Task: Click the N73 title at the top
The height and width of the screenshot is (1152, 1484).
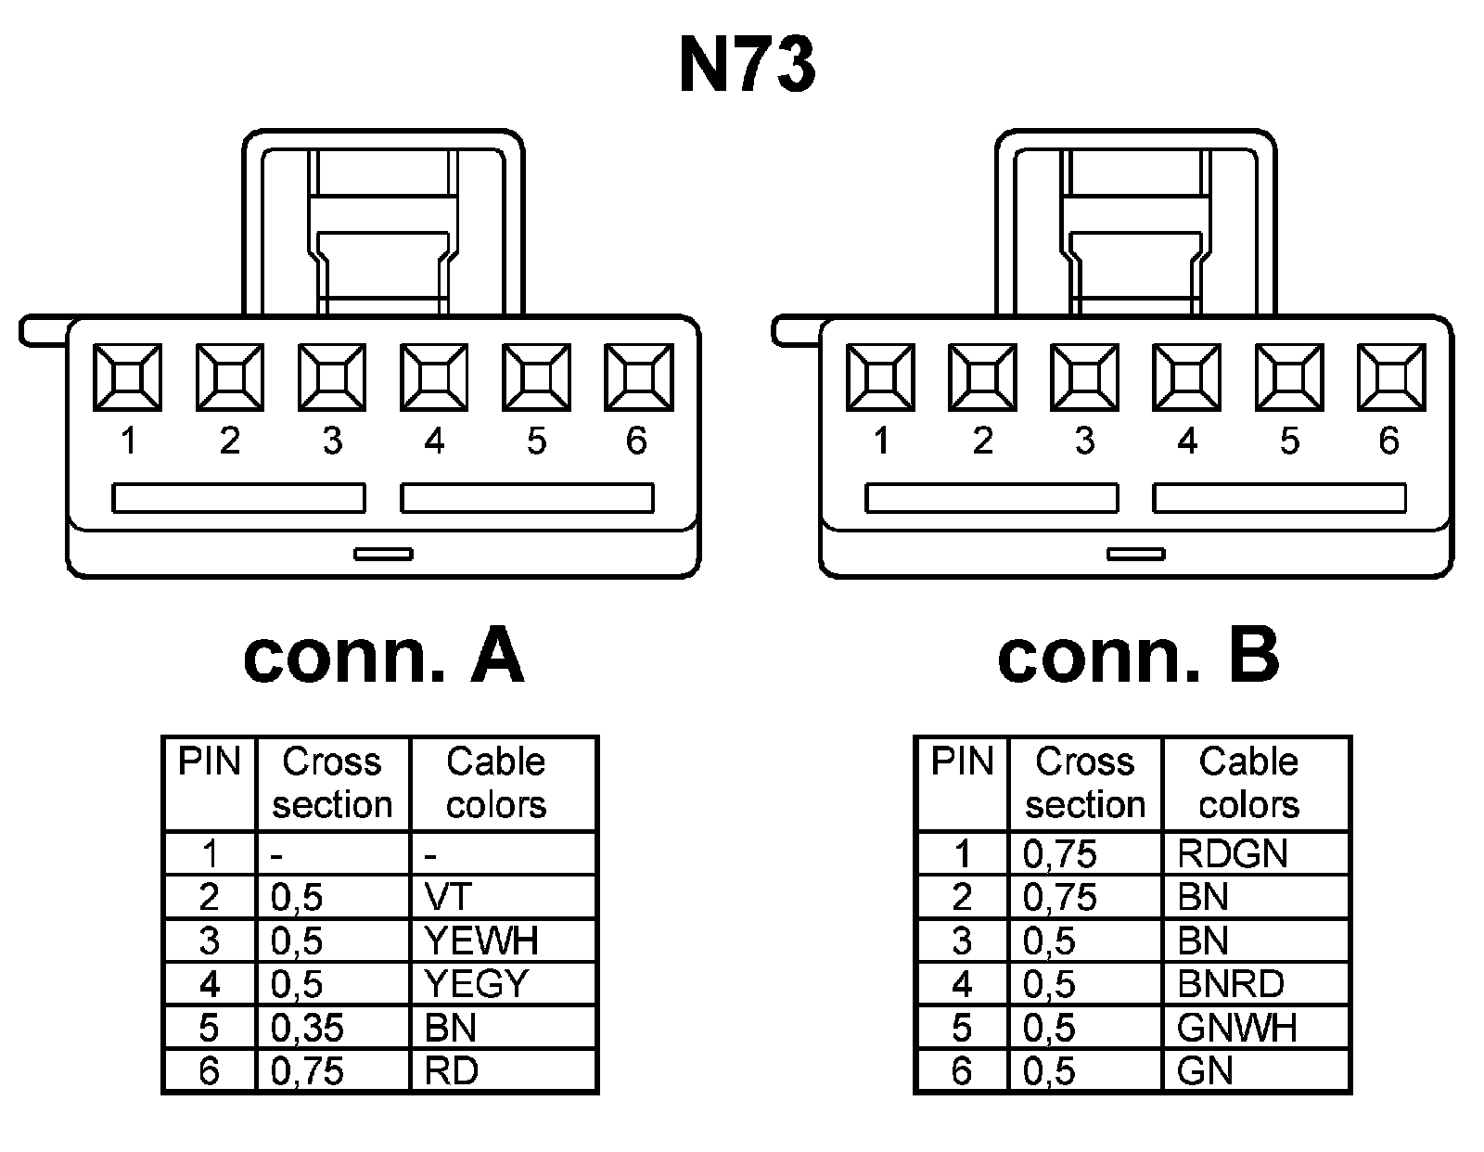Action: pos(748,66)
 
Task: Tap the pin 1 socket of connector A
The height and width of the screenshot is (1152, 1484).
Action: pos(127,377)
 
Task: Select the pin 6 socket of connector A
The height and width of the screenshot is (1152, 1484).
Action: pos(638,377)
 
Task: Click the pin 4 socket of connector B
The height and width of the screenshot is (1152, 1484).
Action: pos(1186,377)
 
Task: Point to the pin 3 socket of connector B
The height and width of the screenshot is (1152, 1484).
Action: pos(1084,377)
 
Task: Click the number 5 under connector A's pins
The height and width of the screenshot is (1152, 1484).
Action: pos(537,441)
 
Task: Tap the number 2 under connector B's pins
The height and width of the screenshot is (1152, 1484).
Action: pos(983,441)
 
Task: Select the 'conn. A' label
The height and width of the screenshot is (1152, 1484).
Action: pos(383,656)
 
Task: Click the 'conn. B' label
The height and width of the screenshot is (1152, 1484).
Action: pos(1138,656)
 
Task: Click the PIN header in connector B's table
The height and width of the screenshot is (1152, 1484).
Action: pos(962,762)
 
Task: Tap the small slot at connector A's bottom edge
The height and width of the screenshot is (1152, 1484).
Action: pos(383,554)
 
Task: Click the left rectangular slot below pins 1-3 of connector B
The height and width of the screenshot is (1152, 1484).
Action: pos(991,498)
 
